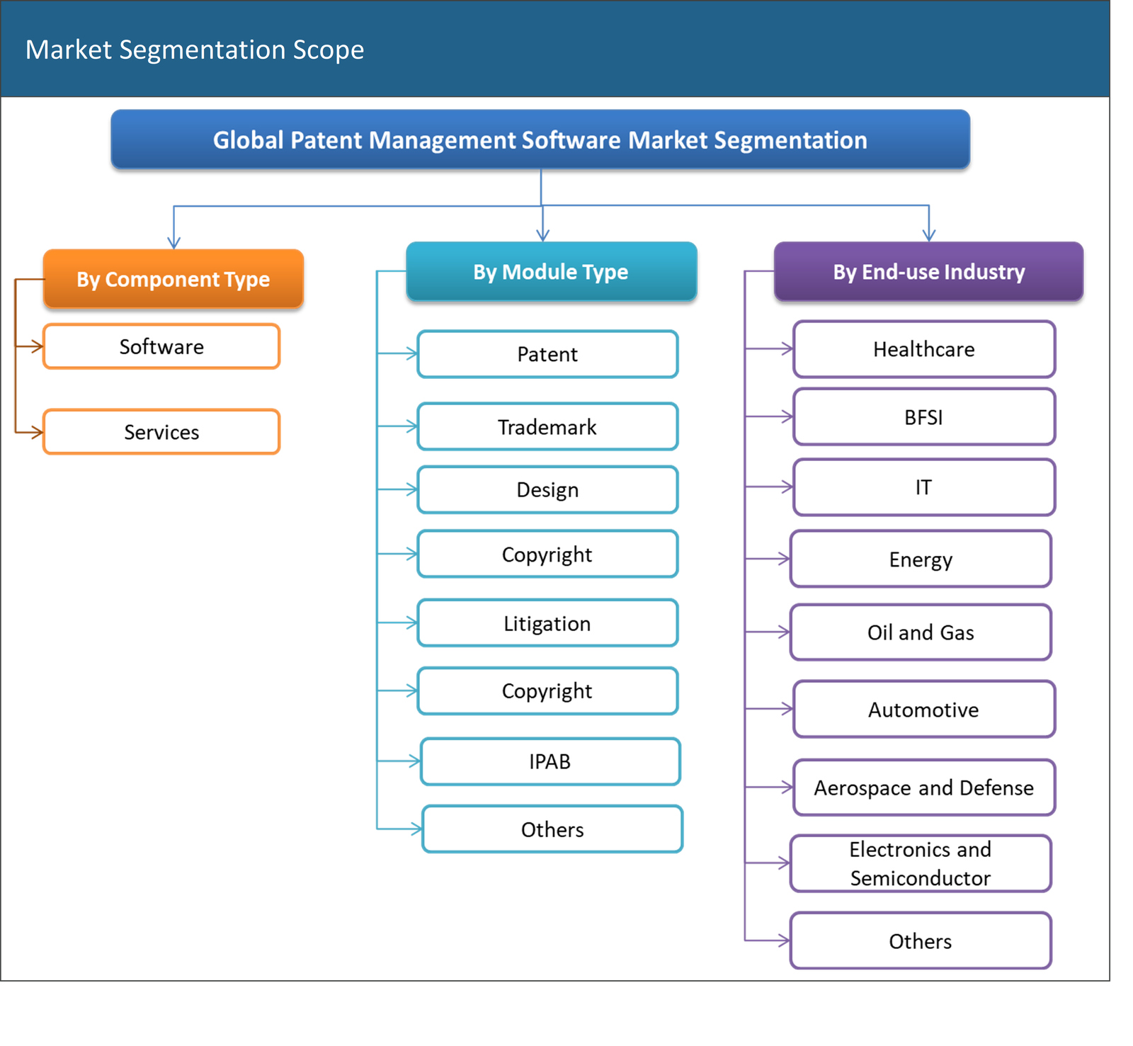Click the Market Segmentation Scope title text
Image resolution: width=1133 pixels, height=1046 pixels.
[x=195, y=50]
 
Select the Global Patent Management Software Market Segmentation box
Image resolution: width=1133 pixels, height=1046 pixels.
[x=540, y=140]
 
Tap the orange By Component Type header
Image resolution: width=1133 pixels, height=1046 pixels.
[x=173, y=279]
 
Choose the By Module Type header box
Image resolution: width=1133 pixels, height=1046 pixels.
[x=551, y=272]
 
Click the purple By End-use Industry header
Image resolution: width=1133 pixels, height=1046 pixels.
[x=928, y=272]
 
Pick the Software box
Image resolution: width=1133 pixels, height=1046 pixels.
[x=161, y=347]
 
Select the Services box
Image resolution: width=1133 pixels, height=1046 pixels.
[x=161, y=432]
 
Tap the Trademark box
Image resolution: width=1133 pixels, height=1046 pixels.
[x=547, y=427]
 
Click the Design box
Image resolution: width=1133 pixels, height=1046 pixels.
[x=547, y=490]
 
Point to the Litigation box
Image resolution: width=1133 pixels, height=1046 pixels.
[x=547, y=624]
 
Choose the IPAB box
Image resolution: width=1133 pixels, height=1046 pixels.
[x=550, y=762]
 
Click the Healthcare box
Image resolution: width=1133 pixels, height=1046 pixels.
[x=923, y=349]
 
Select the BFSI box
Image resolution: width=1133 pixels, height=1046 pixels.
[x=923, y=417]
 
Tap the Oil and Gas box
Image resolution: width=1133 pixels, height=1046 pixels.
[x=921, y=632]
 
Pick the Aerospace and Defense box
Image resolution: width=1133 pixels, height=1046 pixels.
[x=923, y=788]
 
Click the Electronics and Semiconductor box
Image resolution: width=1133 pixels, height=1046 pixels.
[x=921, y=863]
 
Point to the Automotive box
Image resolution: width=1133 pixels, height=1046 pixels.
[x=923, y=710]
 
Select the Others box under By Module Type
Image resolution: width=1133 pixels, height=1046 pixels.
[x=552, y=829]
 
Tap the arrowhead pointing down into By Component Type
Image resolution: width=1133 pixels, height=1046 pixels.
[x=173, y=242]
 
